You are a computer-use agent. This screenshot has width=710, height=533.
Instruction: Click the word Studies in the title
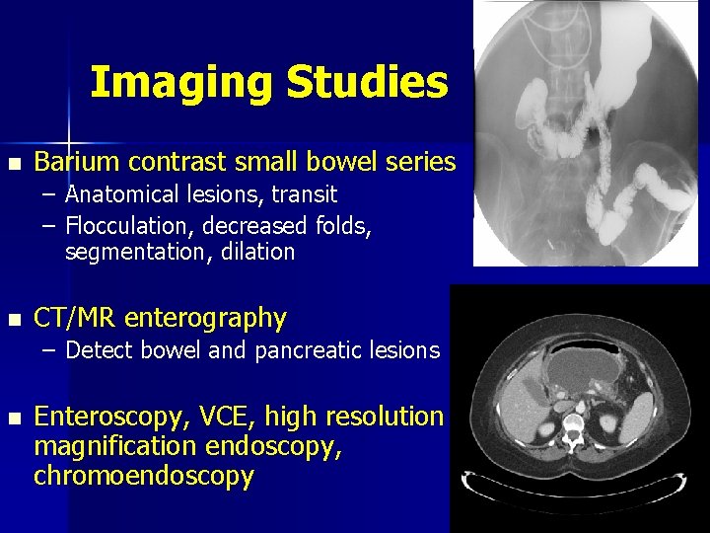point(367,83)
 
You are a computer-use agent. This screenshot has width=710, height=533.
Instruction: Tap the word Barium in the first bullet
point(77,162)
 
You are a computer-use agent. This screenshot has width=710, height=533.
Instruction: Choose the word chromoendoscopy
point(144,476)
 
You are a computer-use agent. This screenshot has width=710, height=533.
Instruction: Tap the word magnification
point(118,446)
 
